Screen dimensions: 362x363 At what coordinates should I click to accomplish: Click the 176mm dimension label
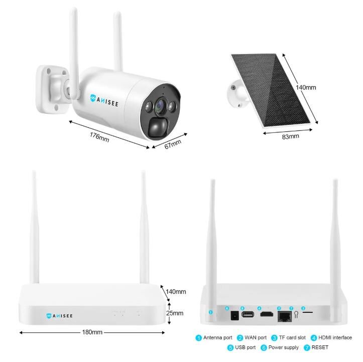[100, 135]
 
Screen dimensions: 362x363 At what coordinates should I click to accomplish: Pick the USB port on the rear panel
[247, 315]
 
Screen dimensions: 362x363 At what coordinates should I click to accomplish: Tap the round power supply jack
[233, 315]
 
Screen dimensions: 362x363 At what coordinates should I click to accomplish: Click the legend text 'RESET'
[320, 347]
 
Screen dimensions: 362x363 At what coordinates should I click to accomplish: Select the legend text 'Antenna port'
[217, 338]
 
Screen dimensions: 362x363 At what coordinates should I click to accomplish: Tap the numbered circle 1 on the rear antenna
[211, 312]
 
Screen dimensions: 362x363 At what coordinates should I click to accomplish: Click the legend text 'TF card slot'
[293, 338]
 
